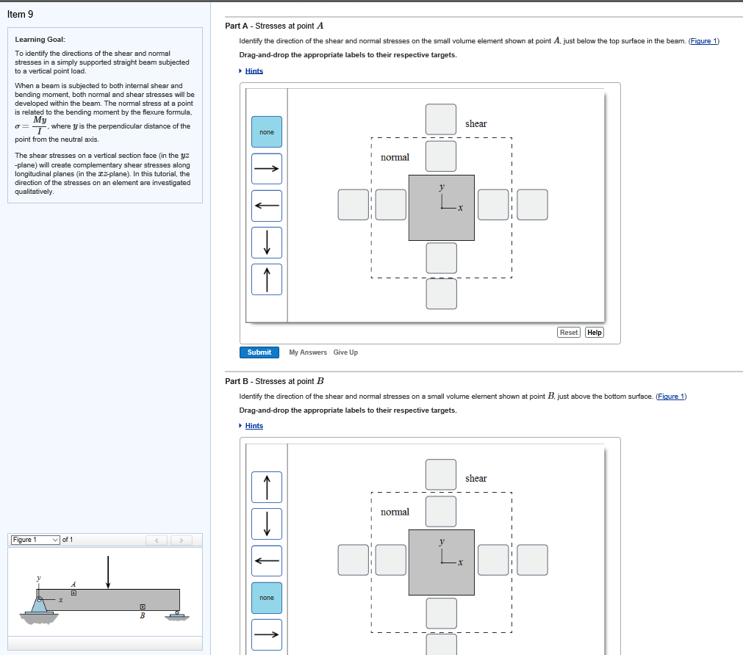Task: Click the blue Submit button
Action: click(259, 352)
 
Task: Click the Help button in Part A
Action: click(595, 333)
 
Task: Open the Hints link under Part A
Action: click(254, 70)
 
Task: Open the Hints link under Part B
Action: click(254, 426)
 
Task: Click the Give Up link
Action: click(345, 352)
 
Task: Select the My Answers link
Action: click(308, 352)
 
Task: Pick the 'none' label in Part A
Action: click(266, 132)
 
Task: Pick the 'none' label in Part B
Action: click(266, 598)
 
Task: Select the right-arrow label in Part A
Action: click(266, 168)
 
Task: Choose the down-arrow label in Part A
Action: click(266, 242)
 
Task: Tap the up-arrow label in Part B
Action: click(266, 487)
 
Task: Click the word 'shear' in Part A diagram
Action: click(475, 124)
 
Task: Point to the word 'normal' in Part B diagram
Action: click(395, 512)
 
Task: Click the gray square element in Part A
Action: click(441, 208)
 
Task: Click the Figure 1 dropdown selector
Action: click(35, 540)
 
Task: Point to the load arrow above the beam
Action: click(108, 572)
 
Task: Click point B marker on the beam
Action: click(142, 607)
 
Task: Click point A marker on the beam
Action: click(73, 592)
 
